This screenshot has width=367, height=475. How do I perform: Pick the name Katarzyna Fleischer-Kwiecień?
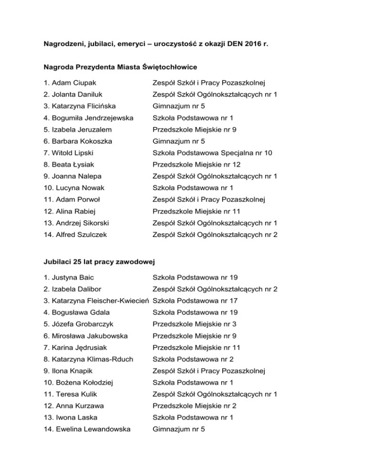[x=97, y=301]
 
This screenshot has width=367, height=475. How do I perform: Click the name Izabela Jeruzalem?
[x=73, y=129]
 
